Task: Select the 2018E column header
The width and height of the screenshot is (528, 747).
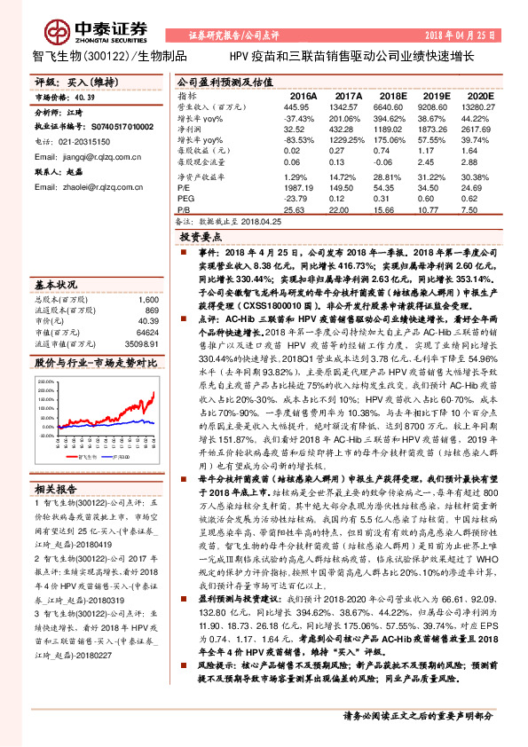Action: point(391,95)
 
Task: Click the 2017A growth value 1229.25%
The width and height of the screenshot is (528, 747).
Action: point(348,140)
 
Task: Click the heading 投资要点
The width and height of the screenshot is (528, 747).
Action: point(201,238)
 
